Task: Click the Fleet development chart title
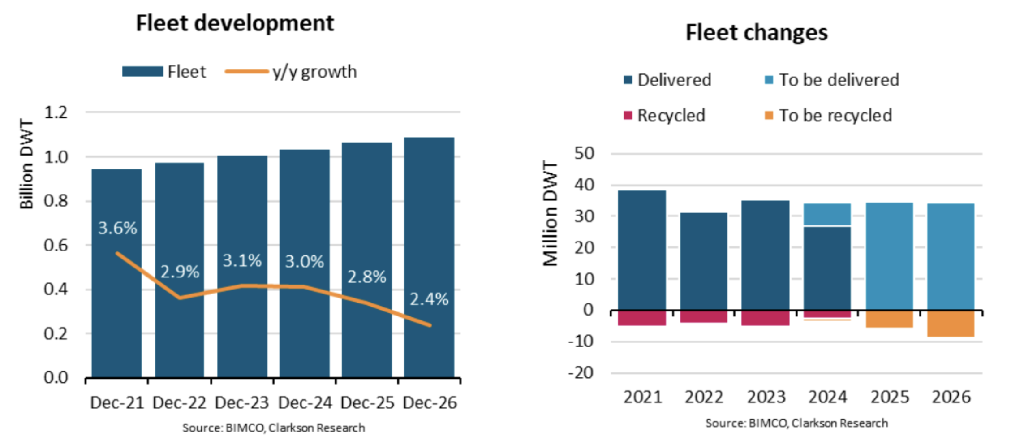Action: coord(235,23)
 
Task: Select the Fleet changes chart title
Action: coord(757,33)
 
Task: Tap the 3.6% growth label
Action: coord(117,228)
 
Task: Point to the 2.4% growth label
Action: coord(429,299)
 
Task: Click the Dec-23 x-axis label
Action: coord(242,403)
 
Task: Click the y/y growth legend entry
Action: coord(291,72)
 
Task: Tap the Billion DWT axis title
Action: coord(27,164)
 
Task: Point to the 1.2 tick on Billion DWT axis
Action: coord(56,112)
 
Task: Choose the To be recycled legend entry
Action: coord(828,116)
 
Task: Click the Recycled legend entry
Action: coord(665,116)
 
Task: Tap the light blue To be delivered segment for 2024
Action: coord(827,214)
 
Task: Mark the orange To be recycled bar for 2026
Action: coord(951,324)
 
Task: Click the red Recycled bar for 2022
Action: coord(703,317)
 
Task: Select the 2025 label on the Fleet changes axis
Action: coord(890,397)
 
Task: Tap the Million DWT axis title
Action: coord(551,213)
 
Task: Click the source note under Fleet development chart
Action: coord(273,428)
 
